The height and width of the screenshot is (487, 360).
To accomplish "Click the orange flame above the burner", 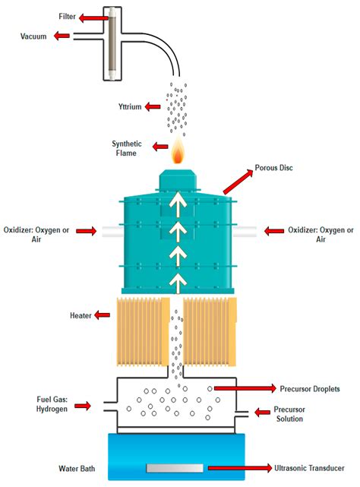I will pyautogui.click(x=178, y=153).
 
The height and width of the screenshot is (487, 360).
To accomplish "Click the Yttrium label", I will pyautogui.click(x=132, y=106).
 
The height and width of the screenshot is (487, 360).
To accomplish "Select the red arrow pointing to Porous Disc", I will pyautogui.click(x=238, y=182).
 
